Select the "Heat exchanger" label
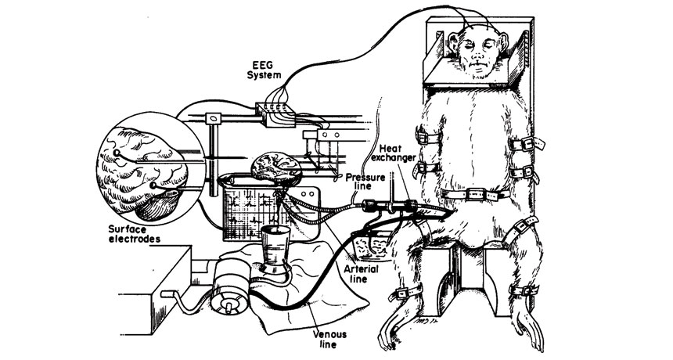click(400, 154)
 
